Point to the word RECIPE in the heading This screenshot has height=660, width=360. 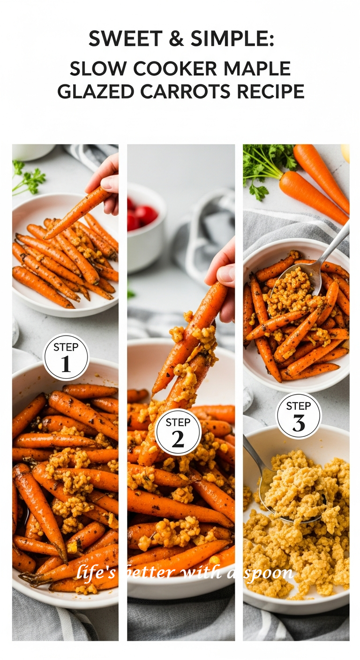tap(270, 91)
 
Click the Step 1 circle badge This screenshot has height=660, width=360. tap(66, 357)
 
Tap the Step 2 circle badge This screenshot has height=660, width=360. tap(178, 432)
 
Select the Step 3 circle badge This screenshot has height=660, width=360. tap(299, 416)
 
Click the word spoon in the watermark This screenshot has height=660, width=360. tap(269, 573)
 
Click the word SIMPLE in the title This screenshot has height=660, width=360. tap(232, 39)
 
